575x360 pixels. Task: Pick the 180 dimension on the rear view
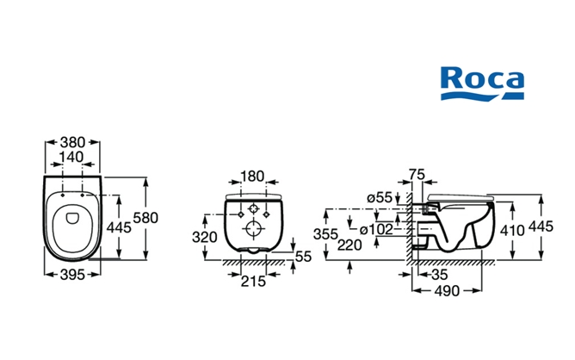point(252,177)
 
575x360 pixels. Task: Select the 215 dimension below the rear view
point(252,281)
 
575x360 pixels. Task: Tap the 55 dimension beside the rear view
point(303,257)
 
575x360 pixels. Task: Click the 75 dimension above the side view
point(417,176)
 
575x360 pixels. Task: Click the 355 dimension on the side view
point(325,234)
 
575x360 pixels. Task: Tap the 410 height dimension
point(514,231)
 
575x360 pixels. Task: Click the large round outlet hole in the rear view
point(255,229)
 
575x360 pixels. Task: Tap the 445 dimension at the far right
point(541,226)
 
